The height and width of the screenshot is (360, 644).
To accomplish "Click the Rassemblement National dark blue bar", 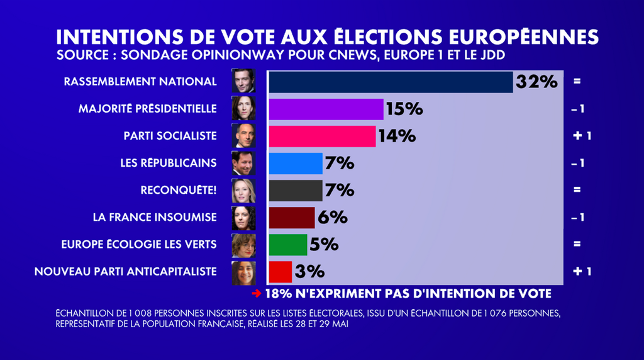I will point(391,82).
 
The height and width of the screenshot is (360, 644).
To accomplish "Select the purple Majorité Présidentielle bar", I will point(326,109).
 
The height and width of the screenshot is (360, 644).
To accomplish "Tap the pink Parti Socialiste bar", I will point(322,136).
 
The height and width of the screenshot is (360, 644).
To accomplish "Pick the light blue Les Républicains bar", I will point(295,163).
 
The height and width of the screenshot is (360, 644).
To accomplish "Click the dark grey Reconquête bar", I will point(295,190).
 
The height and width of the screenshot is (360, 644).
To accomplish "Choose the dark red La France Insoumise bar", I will point(291,217).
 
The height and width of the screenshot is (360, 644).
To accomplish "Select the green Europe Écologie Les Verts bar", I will point(287,244).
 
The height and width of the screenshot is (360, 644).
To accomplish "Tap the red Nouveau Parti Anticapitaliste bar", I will point(280,271).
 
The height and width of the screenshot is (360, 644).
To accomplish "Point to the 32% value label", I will point(536,82).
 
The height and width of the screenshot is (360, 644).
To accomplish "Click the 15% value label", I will point(404,109).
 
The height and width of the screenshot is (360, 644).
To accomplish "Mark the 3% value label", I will point(309,271).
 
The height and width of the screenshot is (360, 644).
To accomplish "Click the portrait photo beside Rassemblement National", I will point(243,82).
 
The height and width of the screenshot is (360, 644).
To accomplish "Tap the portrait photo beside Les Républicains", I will point(243,163).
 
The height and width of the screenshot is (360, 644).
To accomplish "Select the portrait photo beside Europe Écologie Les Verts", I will point(243,245).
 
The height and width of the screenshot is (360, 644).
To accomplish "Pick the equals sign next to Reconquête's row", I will point(577,190).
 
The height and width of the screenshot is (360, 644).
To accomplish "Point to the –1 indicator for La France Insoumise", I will point(578,217).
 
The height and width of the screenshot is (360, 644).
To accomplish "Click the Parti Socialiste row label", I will point(170,136).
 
